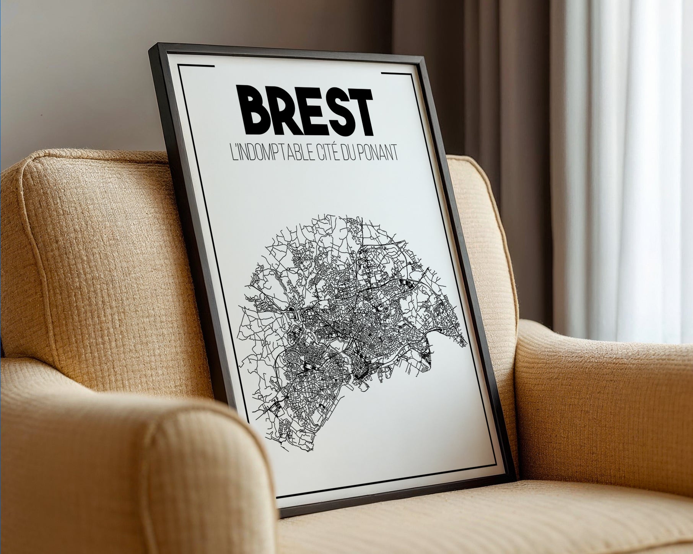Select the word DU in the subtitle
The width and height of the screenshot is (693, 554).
pyautogui.click(x=357, y=154)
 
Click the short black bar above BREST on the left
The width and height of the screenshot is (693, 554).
pyautogui.click(x=196, y=67)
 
